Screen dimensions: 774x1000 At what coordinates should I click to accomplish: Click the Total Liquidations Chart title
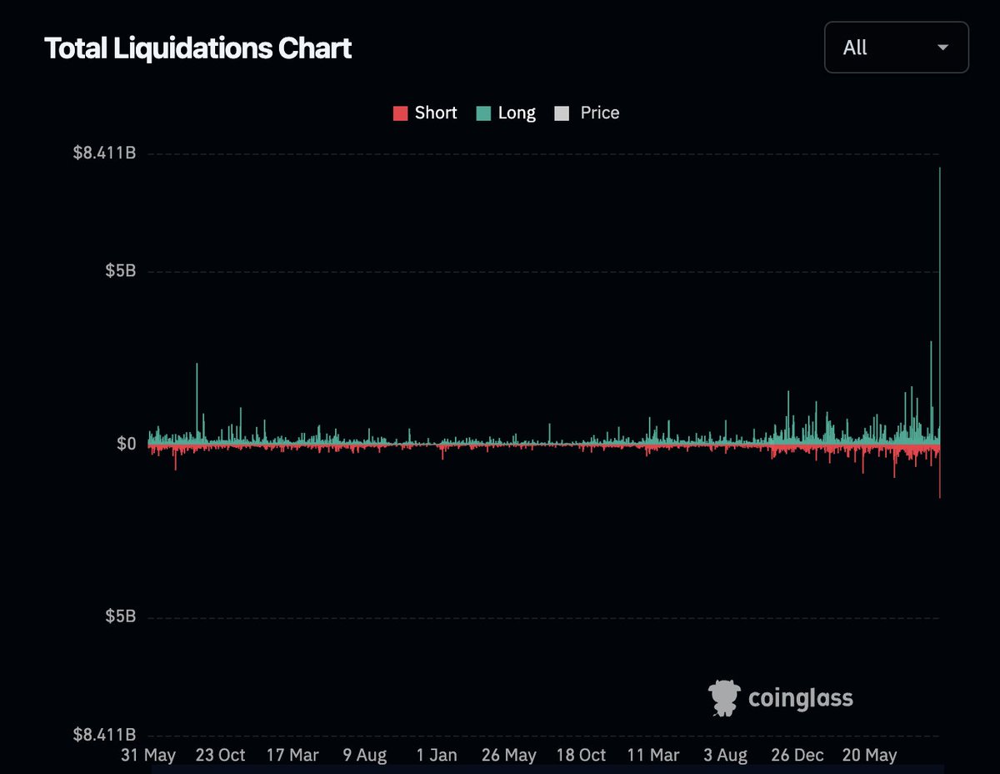pyautogui.click(x=198, y=48)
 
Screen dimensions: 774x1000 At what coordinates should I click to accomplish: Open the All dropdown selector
pyautogui.click(x=896, y=48)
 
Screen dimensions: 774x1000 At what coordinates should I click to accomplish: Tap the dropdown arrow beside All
pyautogui.click(x=943, y=48)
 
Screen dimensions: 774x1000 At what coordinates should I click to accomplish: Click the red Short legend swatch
pyautogui.click(x=400, y=113)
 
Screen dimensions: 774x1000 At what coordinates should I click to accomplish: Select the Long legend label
pyautogui.click(x=517, y=113)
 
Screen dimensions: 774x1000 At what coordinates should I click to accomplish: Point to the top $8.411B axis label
pyautogui.click(x=104, y=153)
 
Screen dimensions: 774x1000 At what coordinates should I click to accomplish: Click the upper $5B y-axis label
pyautogui.click(x=120, y=272)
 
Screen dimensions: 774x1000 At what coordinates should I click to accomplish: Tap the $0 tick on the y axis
pyautogui.click(x=126, y=444)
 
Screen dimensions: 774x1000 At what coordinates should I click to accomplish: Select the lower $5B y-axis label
pyautogui.click(x=120, y=616)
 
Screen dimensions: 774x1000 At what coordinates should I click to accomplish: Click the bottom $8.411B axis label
pyautogui.click(x=104, y=735)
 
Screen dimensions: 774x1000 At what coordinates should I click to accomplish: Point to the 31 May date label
pyautogui.click(x=148, y=755)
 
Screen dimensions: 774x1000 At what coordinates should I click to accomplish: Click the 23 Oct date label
pyautogui.click(x=220, y=755)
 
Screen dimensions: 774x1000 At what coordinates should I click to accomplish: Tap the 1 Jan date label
pyautogui.click(x=437, y=755)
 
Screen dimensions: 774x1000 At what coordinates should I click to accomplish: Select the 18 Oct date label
pyautogui.click(x=581, y=755)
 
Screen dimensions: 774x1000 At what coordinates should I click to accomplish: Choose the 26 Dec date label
pyautogui.click(x=797, y=755)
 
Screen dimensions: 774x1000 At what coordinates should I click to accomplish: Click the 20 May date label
pyautogui.click(x=869, y=755)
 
